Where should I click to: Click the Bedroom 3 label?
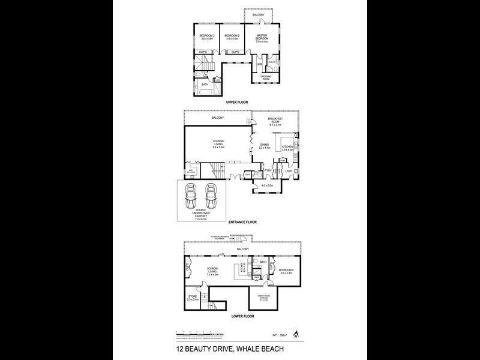(206, 37)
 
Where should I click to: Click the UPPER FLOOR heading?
(237, 103)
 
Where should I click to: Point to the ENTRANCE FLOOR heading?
(241, 223)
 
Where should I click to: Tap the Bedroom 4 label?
(286, 271)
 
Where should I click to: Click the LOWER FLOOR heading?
(239, 314)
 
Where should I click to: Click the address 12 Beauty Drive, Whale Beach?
(239, 348)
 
